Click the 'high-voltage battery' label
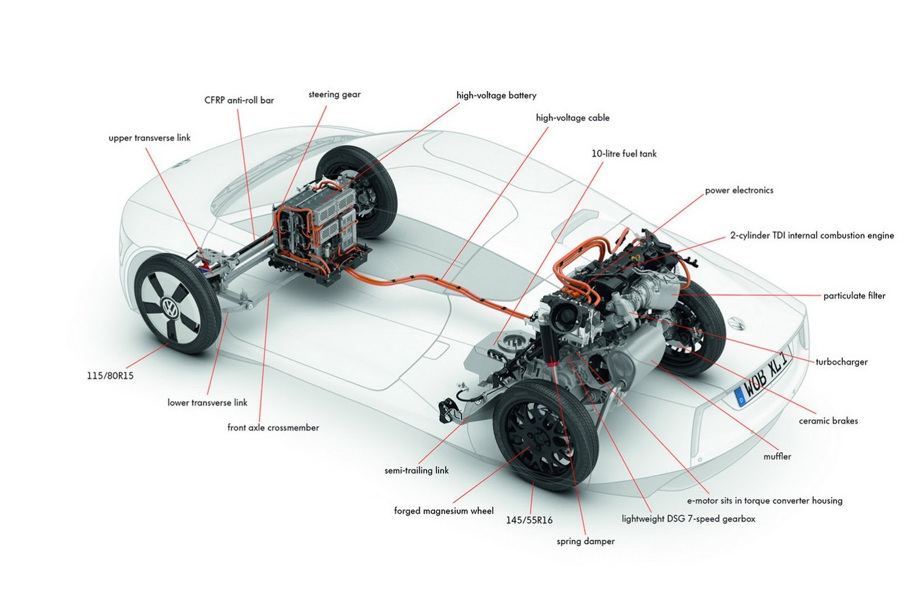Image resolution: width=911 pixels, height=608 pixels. pos(496,96)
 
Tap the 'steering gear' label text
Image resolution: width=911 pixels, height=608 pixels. pos(334,95)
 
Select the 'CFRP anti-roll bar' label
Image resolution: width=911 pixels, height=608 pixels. pos(239,100)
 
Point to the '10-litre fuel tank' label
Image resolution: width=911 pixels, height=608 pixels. pos(623,154)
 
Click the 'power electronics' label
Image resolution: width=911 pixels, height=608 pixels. pos(739,190)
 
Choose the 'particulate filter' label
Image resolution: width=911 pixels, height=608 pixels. pos(854,296)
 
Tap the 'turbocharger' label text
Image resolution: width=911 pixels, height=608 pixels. pos(842,362)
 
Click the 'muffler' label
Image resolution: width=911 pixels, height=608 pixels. pos(777,456)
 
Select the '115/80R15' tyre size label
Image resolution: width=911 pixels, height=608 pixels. pos(108,376)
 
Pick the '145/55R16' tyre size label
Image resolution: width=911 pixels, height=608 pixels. pos(529,520)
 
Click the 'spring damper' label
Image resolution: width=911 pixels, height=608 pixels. pos(585,541)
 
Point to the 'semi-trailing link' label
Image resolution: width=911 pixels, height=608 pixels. pos(416,471)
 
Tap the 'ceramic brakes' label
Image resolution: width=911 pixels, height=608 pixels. pos(828,421)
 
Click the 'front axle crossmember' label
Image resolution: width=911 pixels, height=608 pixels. pos(273,428)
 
